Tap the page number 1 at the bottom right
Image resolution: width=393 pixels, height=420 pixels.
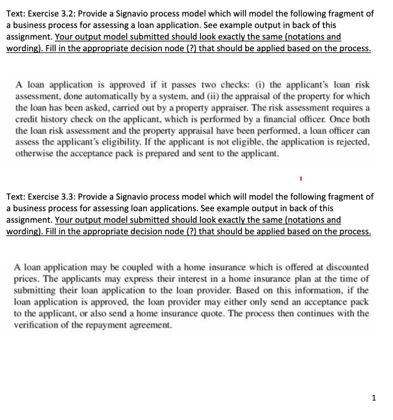pos(373,397)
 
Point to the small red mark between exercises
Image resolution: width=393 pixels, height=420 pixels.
pos(302,179)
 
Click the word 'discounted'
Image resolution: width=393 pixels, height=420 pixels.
pos(349,267)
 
